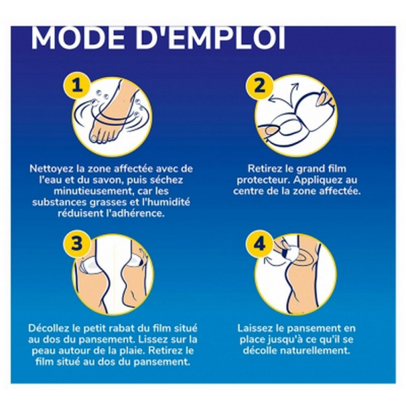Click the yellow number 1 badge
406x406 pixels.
point(76,85)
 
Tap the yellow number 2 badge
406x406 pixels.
point(259,85)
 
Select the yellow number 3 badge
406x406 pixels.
point(76,244)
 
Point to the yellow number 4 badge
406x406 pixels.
point(259,244)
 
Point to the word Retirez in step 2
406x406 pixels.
point(265,168)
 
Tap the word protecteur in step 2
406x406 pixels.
point(263,180)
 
